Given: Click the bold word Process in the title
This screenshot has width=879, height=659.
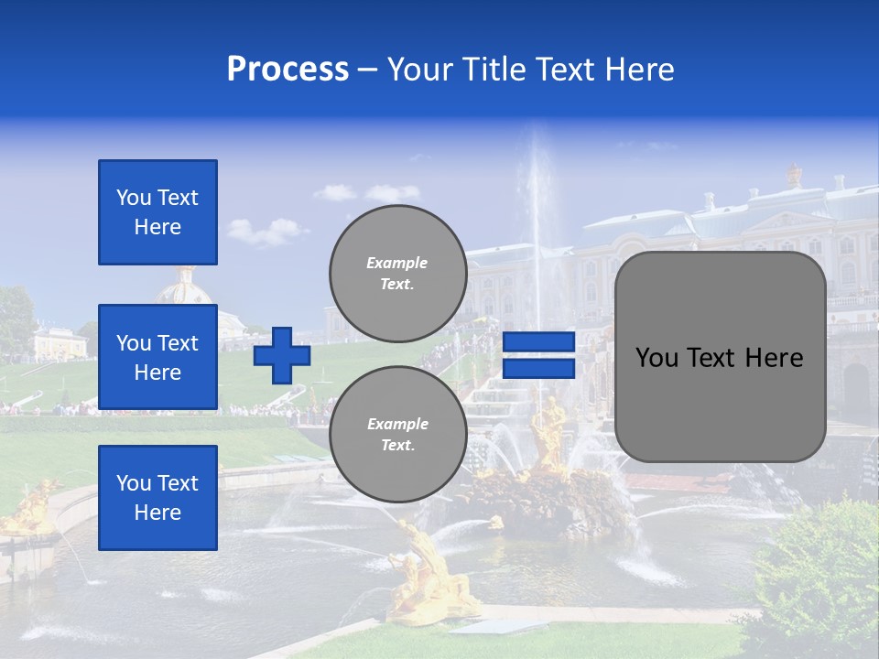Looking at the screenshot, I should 288,70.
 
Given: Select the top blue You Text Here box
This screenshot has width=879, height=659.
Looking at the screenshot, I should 157,212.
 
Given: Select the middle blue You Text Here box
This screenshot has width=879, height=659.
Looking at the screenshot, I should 157,357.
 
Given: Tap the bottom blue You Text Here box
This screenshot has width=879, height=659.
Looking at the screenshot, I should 157,497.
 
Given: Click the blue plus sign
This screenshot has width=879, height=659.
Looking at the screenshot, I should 282,356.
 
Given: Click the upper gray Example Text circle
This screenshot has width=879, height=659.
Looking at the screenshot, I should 397,274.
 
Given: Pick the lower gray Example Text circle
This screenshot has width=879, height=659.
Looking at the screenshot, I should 397,435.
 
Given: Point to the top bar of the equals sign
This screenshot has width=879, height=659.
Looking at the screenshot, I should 538,342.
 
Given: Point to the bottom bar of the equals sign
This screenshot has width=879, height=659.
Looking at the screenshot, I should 538,368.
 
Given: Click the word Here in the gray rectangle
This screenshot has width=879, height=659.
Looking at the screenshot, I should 774,358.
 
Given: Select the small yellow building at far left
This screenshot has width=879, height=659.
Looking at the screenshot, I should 60,343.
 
